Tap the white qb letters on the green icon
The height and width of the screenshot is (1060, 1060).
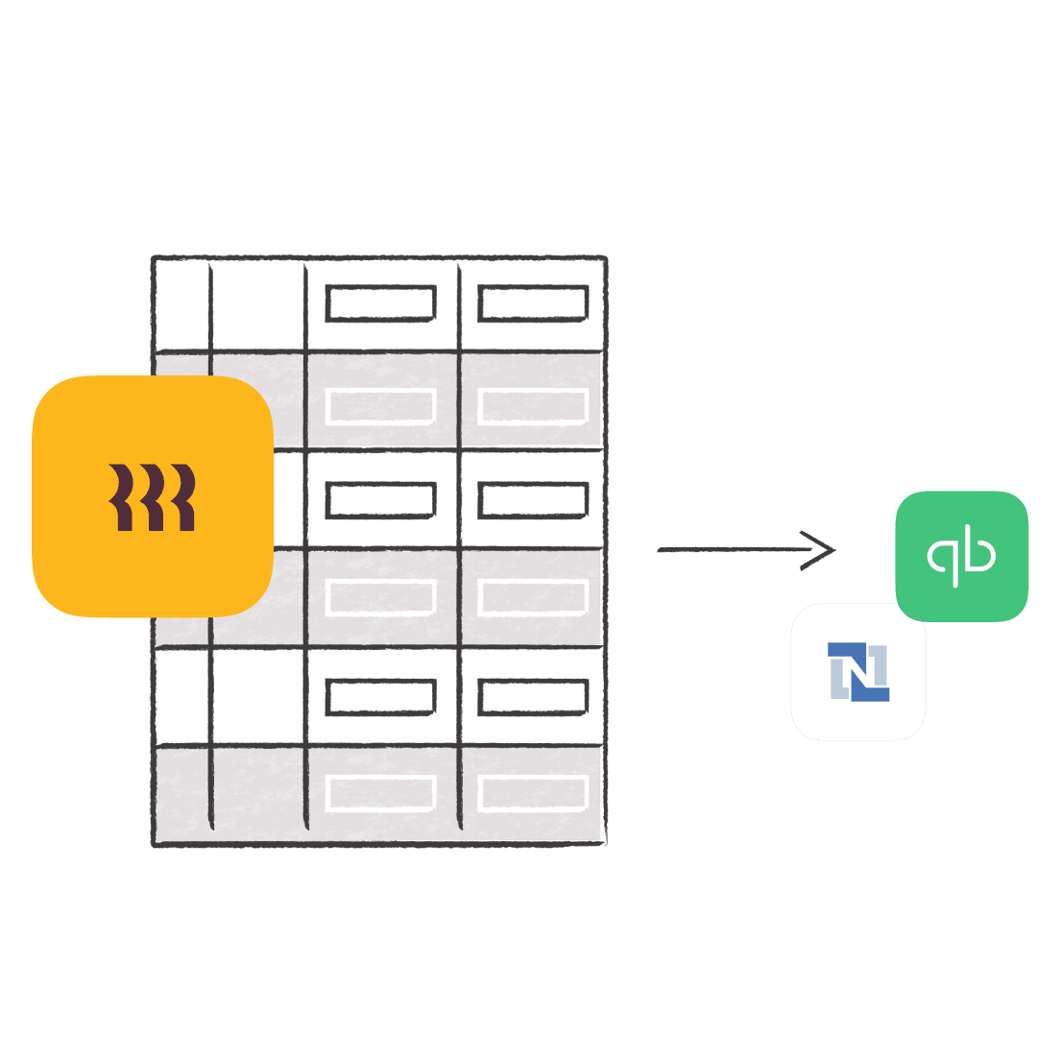click(961, 556)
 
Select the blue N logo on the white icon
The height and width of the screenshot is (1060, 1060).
click(858, 671)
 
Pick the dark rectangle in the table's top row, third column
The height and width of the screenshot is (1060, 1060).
click(381, 303)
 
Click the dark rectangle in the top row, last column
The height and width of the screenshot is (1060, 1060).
click(533, 303)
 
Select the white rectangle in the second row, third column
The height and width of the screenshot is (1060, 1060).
click(381, 406)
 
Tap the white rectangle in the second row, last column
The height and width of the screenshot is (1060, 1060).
click(533, 406)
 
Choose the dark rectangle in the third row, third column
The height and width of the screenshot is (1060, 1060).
click(381, 500)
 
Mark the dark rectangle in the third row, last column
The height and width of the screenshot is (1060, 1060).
click(533, 500)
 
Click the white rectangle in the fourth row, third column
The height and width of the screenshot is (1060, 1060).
click(381, 597)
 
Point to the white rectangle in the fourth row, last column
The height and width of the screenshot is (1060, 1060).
click(533, 597)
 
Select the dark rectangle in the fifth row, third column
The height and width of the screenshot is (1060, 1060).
click(381, 698)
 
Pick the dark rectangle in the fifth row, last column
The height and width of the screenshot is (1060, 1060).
click(533, 698)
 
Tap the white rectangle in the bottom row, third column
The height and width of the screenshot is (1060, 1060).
click(381, 793)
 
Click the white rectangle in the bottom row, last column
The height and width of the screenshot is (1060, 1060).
click(533, 793)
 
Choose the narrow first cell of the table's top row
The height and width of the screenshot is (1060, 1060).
click(181, 303)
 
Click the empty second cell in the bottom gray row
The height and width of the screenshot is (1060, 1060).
click(257, 793)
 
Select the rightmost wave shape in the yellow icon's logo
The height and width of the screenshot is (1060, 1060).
click(182, 497)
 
